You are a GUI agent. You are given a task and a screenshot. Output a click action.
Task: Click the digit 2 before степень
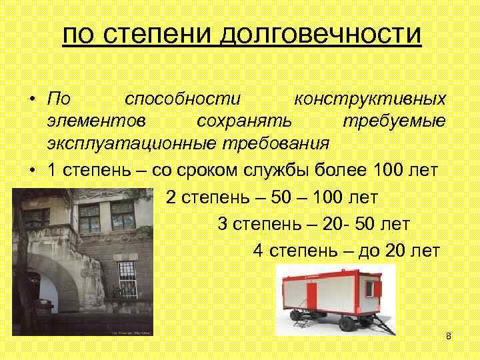(x=171, y=197)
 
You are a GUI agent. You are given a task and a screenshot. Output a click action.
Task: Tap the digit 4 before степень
(x=258, y=251)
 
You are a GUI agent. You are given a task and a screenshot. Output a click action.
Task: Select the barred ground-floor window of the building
(x=127, y=279)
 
